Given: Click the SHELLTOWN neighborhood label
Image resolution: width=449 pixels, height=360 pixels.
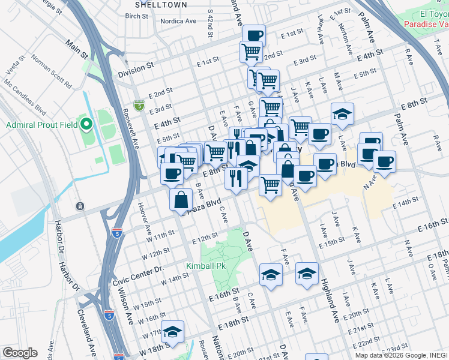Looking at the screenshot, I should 158,4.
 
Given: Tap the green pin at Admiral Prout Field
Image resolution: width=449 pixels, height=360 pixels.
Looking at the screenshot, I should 86,125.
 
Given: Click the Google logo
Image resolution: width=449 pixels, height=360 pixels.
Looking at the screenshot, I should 20,353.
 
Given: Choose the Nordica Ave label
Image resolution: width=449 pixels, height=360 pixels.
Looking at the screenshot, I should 178,21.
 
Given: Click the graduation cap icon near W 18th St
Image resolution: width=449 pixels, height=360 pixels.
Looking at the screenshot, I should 172,332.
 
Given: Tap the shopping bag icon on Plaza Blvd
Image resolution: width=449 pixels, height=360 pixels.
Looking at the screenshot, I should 181,200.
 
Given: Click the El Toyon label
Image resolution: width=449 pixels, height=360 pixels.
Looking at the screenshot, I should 433,14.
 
